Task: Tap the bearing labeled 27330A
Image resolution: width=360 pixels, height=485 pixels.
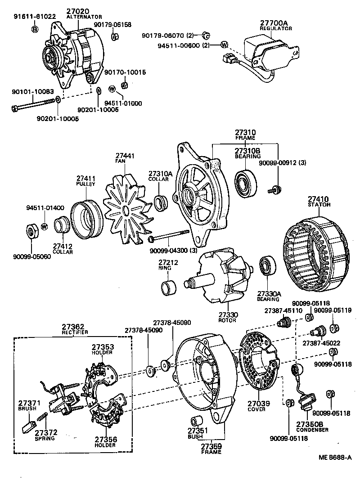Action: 268,267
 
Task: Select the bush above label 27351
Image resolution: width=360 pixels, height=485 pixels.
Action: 196,421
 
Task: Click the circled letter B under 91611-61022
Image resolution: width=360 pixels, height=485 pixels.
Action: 35,29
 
